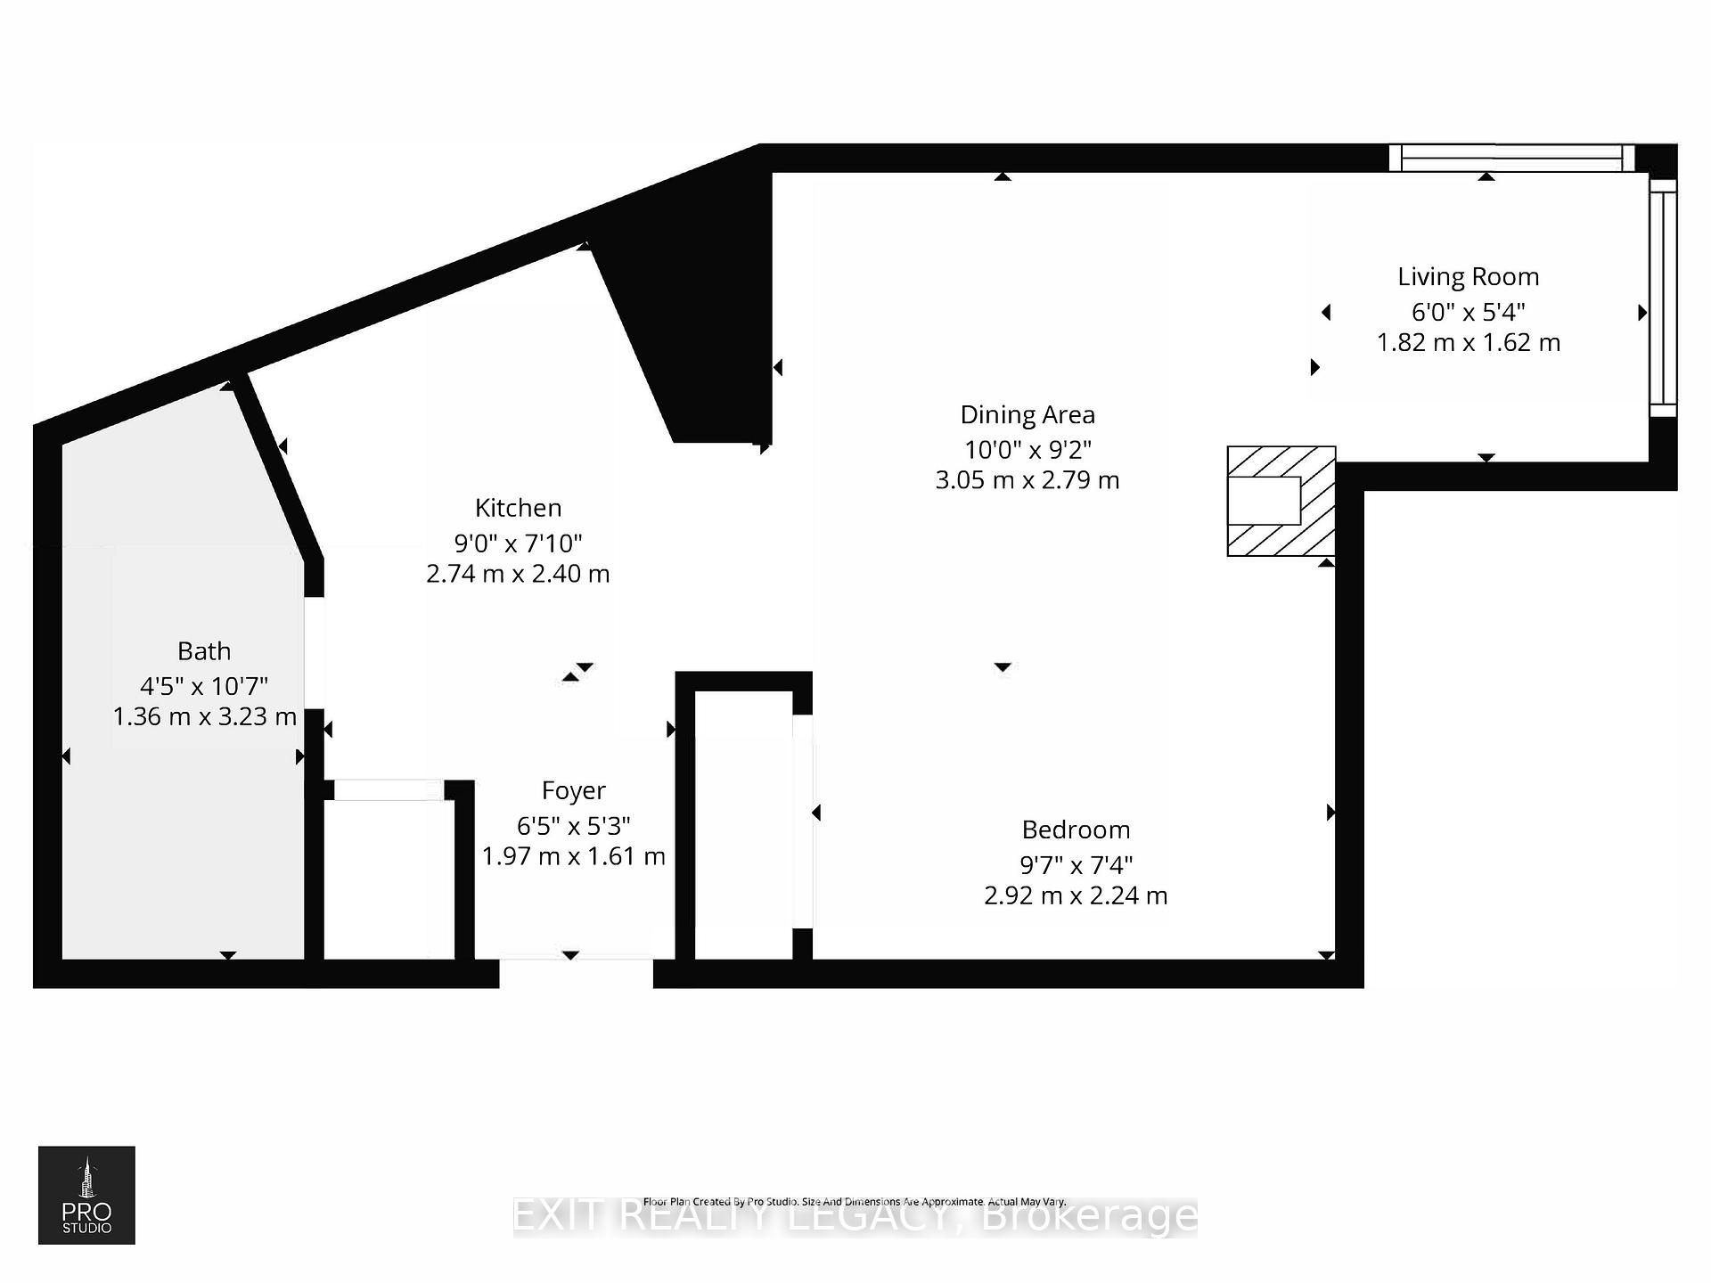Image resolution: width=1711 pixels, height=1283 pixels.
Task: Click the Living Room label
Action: point(1468,277)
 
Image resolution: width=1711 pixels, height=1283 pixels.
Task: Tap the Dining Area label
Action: point(1027,415)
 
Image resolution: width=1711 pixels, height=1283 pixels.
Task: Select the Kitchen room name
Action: point(518,508)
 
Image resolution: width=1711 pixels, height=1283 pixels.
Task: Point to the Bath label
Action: point(204,651)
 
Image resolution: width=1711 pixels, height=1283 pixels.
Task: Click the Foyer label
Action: point(573,790)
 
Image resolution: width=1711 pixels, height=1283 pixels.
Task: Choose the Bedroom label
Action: point(1076,829)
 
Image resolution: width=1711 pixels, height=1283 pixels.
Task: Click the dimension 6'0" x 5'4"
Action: point(1468,312)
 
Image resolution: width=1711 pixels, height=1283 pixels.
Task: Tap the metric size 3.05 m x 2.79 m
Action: point(1027,480)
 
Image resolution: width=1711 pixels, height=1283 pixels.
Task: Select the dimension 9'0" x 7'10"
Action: point(518,543)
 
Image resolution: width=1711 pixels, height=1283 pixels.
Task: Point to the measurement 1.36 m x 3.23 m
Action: point(204,716)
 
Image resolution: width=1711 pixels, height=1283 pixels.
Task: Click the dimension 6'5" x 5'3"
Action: point(573,826)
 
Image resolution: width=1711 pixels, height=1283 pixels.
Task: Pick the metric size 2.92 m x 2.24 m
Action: point(1076,895)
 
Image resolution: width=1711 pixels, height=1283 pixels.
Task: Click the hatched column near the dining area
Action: point(1281,501)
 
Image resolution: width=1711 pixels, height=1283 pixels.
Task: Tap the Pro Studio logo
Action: point(86,1194)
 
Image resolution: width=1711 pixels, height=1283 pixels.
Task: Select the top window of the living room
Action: point(1511,159)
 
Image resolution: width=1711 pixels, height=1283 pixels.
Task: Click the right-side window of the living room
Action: point(1662,298)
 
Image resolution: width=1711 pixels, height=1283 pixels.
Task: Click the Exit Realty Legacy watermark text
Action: point(855,1217)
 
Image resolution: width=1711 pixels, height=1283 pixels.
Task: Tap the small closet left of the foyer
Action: point(389,878)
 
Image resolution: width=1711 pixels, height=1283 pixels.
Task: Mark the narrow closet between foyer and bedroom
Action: point(743,824)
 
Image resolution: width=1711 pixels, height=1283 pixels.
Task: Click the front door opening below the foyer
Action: point(576,973)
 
